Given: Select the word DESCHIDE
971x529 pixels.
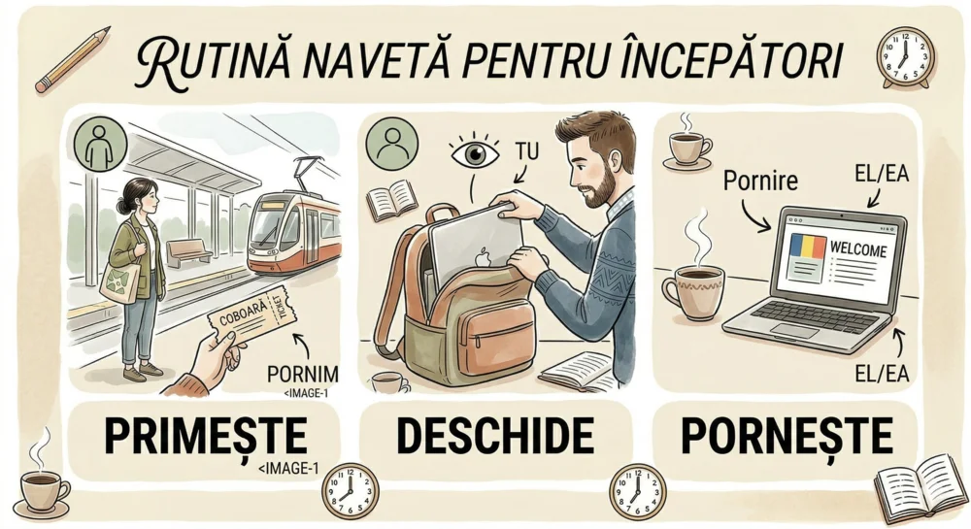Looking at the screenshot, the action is (x=495, y=435).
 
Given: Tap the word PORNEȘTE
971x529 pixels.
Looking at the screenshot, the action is (x=787, y=435).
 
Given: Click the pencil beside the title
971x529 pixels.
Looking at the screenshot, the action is (x=72, y=59).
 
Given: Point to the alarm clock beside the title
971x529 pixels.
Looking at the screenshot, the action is (x=905, y=57).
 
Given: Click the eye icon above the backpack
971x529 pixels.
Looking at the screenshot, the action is (x=475, y=152).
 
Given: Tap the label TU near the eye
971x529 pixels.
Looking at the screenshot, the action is (x=526, y=151).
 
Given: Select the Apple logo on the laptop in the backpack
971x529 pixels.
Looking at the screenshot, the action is (x=483, y=257).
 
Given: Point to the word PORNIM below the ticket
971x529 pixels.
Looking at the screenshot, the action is (x=303, y=374).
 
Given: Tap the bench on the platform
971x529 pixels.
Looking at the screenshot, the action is (x=188, y=251).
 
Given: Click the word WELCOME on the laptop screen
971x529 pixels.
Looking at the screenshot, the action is (x=857, y=249).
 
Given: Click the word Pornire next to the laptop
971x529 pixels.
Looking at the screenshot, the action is (x=760, y=181).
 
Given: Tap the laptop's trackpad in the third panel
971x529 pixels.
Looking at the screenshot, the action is (x=796, y=331).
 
